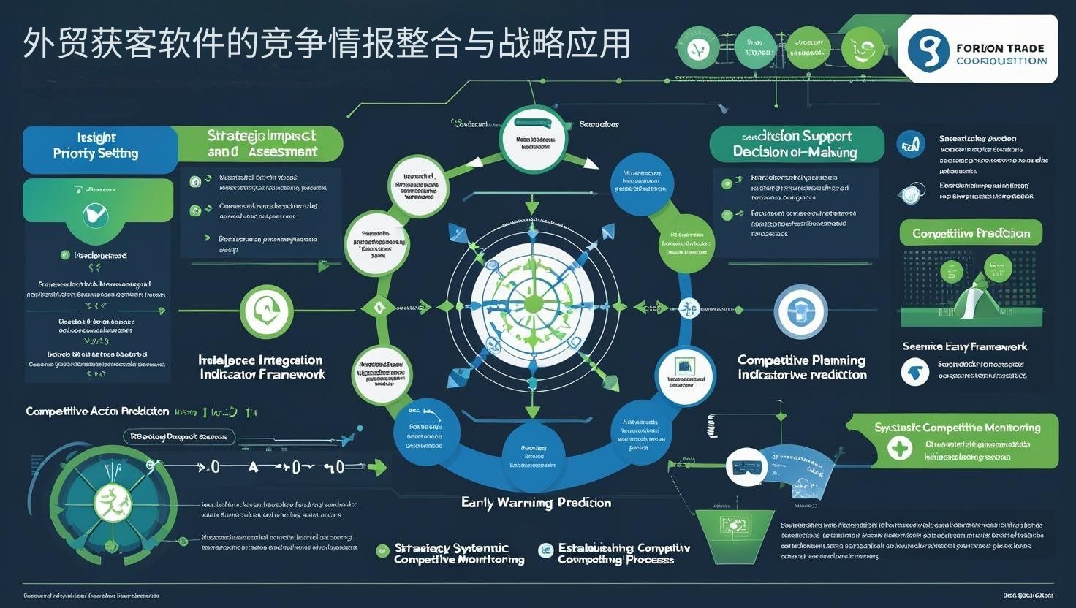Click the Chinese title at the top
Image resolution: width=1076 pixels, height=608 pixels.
click(326, 44)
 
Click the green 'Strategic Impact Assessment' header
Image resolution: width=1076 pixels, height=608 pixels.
click(261, 144)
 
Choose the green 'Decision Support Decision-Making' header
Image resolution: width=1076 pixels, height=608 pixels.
click(795, 144)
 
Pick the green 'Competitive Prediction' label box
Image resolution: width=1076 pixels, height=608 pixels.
click(971, 233)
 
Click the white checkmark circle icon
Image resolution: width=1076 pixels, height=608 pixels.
click(96, 214)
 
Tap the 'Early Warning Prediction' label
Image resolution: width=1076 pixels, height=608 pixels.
click(536, 503)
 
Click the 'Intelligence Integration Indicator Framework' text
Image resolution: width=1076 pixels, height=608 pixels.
click(262, 367)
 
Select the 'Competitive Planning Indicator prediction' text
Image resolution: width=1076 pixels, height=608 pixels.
click(802, 367)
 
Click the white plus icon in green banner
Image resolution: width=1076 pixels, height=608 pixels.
click(900, 447)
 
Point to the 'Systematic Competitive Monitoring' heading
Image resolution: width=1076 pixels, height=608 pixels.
click(957, 427)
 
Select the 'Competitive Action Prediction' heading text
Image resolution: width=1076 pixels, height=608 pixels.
click(97, 411)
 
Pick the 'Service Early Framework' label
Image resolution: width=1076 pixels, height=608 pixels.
click(964, 346)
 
